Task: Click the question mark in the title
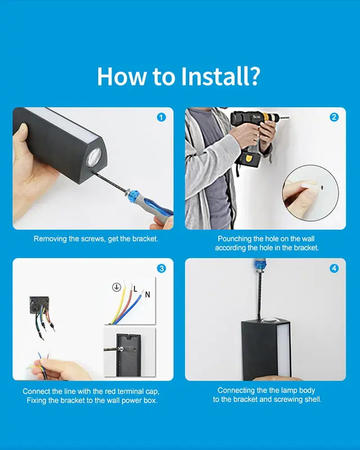point(253,76)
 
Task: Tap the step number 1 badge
point(161,118)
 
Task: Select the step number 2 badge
point(334,117)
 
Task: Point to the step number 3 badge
point(161,268)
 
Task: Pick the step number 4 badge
point(334,268)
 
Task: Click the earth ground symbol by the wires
point(116,287)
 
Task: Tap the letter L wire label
point(136,289)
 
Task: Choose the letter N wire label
point(147,294)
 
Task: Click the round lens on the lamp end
point(94,157)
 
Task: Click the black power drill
point(253,135)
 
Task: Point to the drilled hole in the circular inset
point(322,188)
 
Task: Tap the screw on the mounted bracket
point(121,349)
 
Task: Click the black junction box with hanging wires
point(39,305)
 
